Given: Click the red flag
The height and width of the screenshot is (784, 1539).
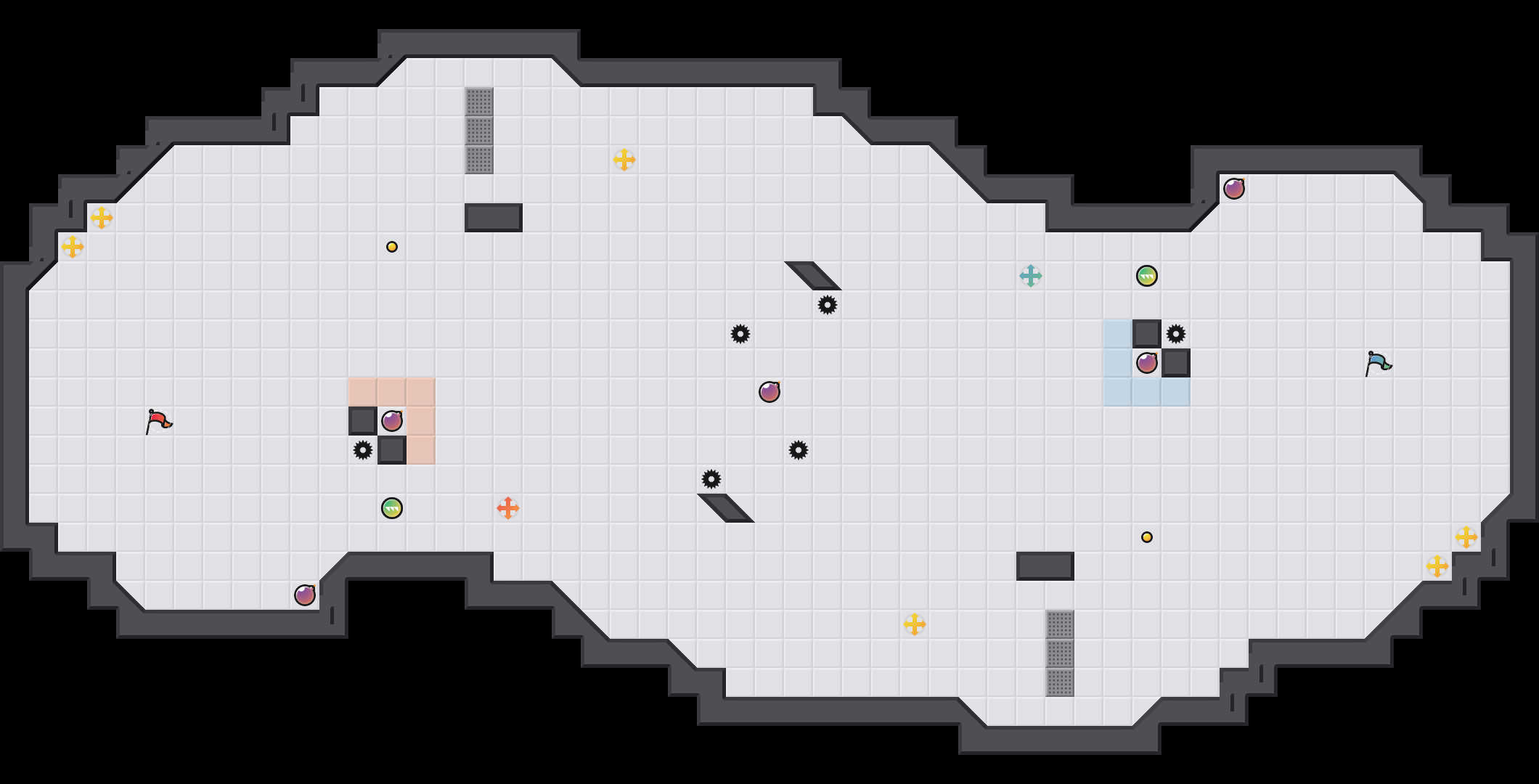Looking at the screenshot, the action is [158, 421].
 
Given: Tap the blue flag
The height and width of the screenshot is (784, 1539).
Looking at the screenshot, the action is [1378, 363].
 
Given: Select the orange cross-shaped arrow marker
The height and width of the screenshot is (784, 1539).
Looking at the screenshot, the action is [508, 508].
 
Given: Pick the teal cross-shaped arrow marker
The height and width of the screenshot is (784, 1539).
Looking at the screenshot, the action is [1031, 276].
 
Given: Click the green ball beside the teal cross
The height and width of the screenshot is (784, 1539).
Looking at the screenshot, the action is [1147, 276].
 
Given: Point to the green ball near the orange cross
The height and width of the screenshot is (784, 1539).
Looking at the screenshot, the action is [392, 508].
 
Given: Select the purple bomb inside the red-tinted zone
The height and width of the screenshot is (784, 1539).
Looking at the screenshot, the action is [392, 421].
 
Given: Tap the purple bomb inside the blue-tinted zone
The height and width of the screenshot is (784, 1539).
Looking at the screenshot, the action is [1147, 363].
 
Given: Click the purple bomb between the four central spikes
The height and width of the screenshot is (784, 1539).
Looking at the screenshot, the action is [769, 392].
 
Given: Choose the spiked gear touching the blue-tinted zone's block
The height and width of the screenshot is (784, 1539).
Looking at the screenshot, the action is [1176, 334].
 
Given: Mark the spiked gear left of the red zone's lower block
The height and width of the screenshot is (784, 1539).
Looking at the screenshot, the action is [363, 450].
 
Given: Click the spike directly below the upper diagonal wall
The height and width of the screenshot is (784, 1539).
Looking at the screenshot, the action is [828, 305].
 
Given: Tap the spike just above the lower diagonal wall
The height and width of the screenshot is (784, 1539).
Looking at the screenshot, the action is [711, 479].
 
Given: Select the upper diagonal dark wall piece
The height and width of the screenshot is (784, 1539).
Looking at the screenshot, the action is [813, 276].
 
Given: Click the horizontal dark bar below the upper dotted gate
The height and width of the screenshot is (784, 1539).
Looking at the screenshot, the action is [494, 218].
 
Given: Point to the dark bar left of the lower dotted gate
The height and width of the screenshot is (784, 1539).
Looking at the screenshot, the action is [1045, 566].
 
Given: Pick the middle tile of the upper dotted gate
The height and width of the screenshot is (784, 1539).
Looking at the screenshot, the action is [479, 131].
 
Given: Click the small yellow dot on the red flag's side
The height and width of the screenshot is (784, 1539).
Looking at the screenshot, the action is [392, 247].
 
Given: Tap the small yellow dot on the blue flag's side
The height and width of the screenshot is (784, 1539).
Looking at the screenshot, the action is [1147, 537].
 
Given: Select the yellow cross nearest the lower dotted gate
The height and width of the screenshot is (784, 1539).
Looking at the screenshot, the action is [915, 624].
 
